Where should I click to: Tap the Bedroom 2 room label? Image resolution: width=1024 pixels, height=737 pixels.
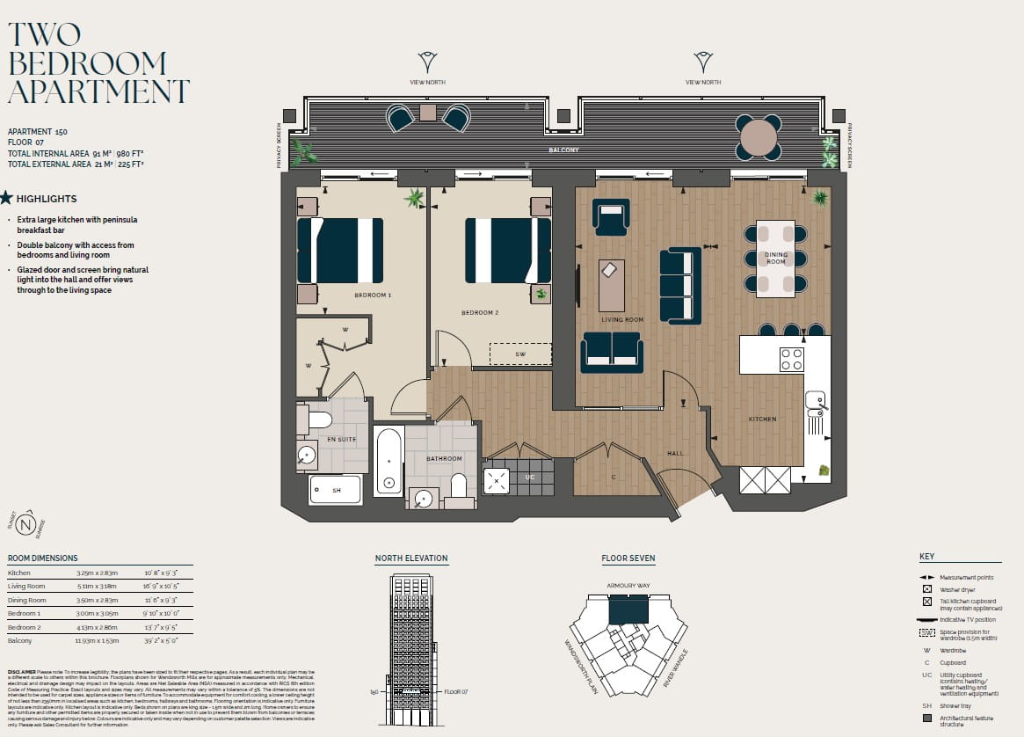pos(480,312)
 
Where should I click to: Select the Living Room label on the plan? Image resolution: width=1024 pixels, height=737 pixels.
pos(622,319)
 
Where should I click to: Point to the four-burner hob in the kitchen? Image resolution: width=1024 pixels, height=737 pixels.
pos(791,359)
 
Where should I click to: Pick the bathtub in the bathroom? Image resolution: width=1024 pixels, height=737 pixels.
pos(388,462)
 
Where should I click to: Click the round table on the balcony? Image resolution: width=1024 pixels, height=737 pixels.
pos(759,138)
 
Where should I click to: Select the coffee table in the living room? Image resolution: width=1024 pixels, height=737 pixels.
pos(612,285)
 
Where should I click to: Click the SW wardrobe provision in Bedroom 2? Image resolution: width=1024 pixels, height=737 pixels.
pos(520,354)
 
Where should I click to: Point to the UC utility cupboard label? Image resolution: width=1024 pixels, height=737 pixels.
pos(529,477)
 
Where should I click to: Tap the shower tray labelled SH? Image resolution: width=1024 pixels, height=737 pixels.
pos(335,490)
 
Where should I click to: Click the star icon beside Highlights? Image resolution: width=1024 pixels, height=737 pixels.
pos(6,198)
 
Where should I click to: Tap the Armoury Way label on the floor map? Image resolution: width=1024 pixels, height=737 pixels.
pos(628,585)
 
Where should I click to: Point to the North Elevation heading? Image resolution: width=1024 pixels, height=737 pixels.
pos(410,558)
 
